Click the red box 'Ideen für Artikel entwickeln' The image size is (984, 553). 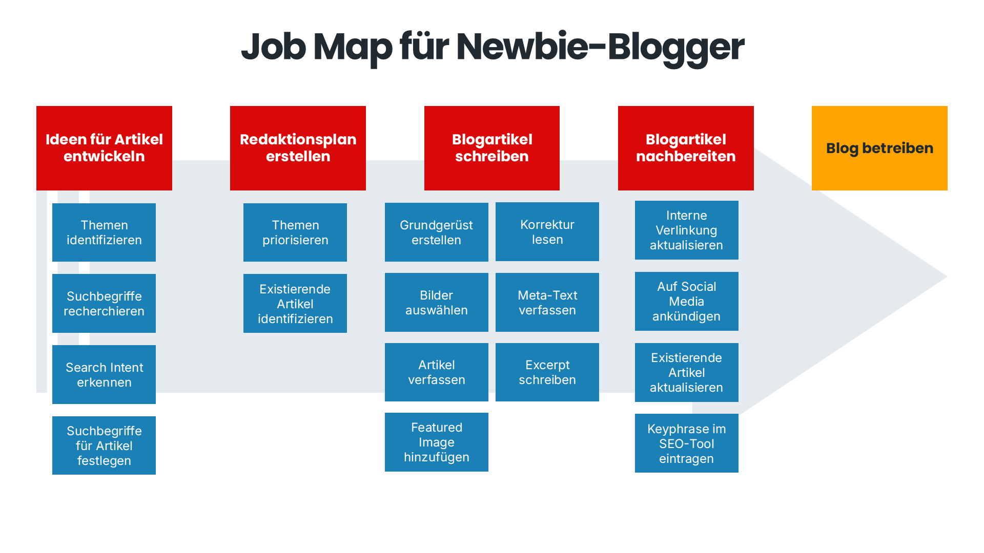(104, 148)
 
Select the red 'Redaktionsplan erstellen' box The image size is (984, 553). (298, 148)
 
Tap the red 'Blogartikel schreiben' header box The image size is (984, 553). (492, 148)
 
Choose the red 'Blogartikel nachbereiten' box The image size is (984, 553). (686, 148)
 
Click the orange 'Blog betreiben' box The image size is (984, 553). (879, 148)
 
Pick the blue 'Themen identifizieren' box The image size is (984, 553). (104, 232)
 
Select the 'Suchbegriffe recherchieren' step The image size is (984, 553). (104, 303)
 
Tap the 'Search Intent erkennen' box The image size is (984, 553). (104, 374)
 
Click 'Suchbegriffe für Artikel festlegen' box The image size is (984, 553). (104, 445)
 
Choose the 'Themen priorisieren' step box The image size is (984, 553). (295, 232)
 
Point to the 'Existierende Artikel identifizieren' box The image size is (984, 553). (295, 303)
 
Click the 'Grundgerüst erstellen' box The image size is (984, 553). (437, 232)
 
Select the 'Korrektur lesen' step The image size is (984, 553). (547, 231)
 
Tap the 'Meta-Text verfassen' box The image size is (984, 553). (547, 302)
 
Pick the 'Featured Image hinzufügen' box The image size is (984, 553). (437, 442)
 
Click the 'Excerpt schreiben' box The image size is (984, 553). (547, 372)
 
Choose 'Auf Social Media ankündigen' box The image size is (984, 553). (687, 301)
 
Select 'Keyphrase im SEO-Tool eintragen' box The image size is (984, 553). (687, 443)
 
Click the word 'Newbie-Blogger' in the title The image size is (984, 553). (600, 48)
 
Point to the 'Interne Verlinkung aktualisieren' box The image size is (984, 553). (687, 230)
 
